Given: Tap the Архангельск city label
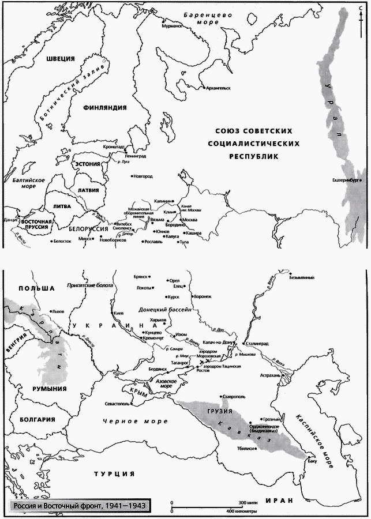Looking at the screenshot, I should (x=218, y=88).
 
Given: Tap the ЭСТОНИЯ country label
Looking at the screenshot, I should (x=87, y=164).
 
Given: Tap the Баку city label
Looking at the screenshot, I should (x=313, y=461).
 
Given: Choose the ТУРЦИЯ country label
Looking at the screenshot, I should (x=114, y=473).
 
